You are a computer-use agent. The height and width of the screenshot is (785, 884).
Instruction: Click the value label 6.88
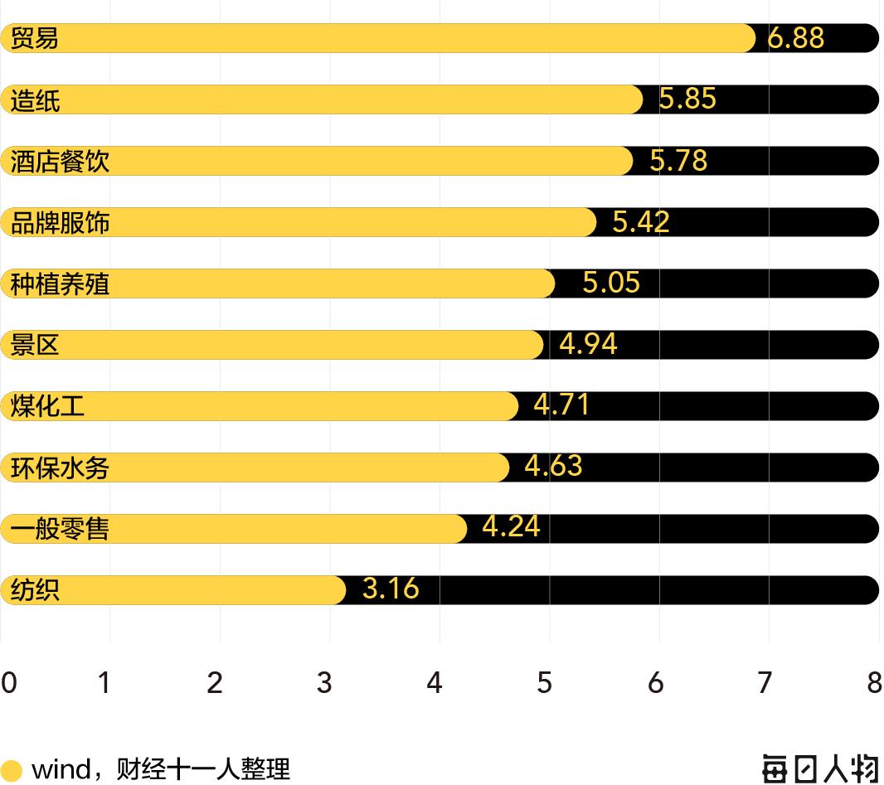[795, 37]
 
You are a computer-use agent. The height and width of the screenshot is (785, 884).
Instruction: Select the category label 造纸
[35, 100]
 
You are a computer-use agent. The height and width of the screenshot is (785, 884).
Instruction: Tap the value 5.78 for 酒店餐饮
[678, 160]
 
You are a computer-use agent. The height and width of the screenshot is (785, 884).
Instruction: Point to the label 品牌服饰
[60, 223]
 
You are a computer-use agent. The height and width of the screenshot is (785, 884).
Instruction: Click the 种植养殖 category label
[60, 284]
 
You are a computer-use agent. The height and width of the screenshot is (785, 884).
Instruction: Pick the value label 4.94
[588, 343]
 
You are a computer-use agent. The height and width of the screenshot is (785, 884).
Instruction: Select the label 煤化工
[47, 406]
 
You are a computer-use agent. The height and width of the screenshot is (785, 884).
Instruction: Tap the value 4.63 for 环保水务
[553, 466]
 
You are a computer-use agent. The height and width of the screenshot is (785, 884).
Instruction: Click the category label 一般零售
[60, 528]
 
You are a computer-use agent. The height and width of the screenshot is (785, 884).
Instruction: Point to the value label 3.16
[391, 589]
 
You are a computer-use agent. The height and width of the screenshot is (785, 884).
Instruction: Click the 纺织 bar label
[35, 590]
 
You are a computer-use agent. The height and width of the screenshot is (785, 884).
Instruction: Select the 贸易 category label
[35, 38]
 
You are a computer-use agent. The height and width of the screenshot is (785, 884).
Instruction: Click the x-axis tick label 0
[8, 682]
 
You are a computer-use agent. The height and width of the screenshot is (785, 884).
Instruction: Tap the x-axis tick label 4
[435, 682]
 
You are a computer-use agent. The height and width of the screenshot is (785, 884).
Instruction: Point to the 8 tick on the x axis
[874, 682]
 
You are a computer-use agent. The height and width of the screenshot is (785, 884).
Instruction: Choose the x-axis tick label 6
[655, 682]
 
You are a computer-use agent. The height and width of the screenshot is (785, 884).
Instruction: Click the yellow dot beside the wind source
[12, 770]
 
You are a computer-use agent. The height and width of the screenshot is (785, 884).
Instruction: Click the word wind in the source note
[61, 769]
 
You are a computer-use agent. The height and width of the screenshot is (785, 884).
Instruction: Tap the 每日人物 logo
[819, 768]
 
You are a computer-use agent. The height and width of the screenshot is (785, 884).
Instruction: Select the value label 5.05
[611, 283]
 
